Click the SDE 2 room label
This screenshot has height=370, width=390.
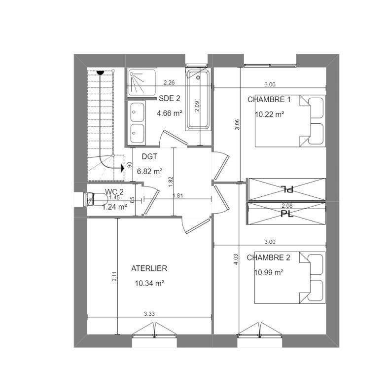170,98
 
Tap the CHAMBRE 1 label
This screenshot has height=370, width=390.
269,100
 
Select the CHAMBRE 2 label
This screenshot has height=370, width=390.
268,258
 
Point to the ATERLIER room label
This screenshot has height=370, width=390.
149,268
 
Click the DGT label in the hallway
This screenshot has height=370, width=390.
149,156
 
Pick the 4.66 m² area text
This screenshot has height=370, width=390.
170,113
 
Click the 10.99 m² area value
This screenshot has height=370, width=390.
269,272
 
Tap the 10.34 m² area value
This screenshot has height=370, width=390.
149,283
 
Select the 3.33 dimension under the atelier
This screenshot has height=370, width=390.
149,314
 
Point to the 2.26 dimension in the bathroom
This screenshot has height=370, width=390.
169,82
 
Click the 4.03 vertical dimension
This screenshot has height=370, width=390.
236,259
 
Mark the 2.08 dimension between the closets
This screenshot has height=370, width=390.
287,206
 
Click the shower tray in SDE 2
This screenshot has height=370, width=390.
142,82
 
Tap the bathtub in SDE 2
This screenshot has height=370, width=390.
198,100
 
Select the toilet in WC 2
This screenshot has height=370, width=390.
96,199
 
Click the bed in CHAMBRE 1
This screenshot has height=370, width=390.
290,121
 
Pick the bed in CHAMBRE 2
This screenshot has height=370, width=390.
290,278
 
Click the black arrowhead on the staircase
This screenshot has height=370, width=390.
122,168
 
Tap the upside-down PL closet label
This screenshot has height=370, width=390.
287,189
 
